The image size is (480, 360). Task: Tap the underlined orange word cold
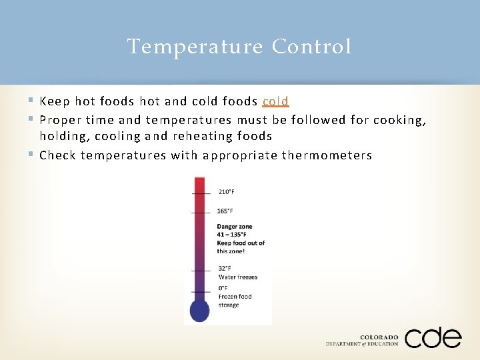click(275, 101)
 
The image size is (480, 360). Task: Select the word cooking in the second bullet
click(397, 120)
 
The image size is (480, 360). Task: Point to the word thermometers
click(327, 155)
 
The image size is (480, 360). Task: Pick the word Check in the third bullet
click(57, 155)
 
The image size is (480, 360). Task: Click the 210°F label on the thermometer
click(227, 192)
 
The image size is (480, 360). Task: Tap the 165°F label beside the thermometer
click(225, 211)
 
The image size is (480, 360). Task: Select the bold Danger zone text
click(235, 227)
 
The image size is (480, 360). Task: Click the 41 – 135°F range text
click(231, 235)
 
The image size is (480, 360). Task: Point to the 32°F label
click(225, 269)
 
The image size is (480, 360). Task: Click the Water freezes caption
click(238, 277)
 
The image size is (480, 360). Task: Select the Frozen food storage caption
click(235, 301)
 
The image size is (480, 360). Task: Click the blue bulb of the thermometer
click(199, 310)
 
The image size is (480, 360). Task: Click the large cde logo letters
click(433, 338)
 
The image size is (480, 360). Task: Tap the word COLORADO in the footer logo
click(379, 337)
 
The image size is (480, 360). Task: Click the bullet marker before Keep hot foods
click(31, 101)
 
